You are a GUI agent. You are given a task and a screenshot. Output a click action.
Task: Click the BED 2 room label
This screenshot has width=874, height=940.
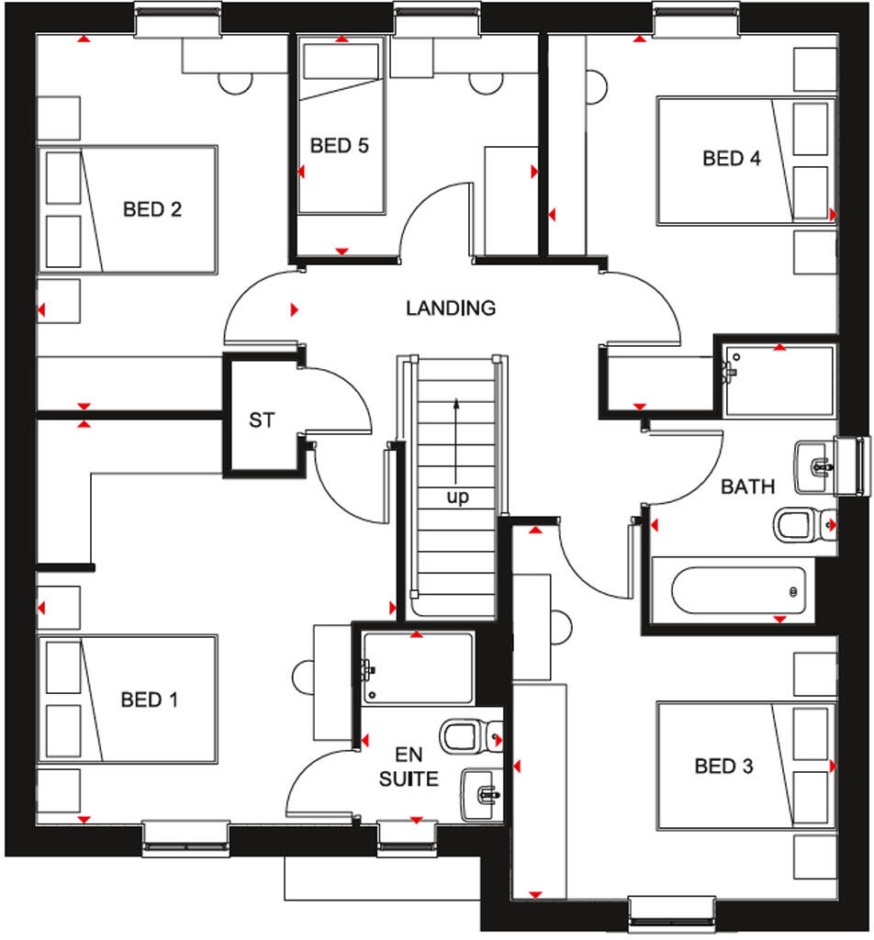click(x=152, y=209)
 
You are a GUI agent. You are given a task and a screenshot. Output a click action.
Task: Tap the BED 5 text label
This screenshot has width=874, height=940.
click(x=339, y=145)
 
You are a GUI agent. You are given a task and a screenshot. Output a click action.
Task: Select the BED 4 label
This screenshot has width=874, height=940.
click(x=732, y=158)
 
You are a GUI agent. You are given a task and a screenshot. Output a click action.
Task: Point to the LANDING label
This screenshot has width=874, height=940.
click(x=451, y=308)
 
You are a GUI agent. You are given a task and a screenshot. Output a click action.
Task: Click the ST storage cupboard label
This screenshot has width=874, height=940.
click(x=262, y=420)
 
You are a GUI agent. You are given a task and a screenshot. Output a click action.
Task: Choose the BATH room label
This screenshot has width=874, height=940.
click(x=747, y=487)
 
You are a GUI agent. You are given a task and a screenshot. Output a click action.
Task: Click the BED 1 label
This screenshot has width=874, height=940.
click(x=149, y=699)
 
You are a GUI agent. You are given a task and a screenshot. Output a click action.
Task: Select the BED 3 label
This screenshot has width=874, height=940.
click(x=723, y=766)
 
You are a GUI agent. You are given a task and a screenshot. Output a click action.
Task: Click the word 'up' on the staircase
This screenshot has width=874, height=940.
click(x=457, y=498)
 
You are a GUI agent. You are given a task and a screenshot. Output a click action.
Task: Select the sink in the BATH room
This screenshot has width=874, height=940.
click(x=813, y=464)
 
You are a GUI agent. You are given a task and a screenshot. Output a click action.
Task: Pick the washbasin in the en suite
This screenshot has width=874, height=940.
click(x=481, y=791)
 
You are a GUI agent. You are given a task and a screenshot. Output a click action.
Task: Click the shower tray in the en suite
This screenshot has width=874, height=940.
click(x=418, y=667)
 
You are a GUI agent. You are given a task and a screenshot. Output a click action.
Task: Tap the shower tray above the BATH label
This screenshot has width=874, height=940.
click(x=779, y=380)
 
